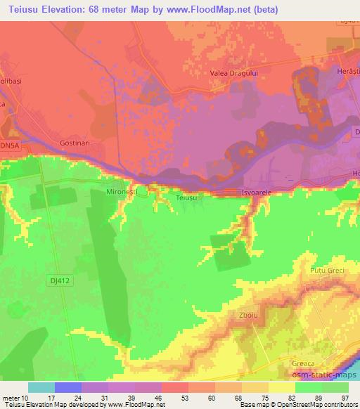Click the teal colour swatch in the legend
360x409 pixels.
40,387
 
